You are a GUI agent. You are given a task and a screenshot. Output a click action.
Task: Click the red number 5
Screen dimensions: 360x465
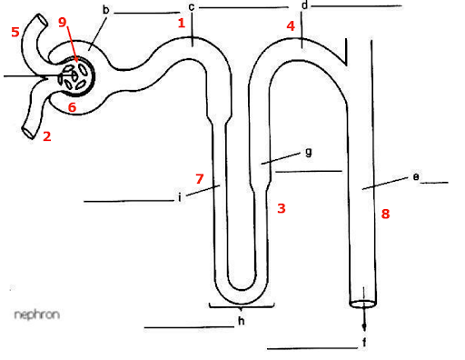click(15, 33)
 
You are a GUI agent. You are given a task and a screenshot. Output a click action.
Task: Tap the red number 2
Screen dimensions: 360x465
click(46, 138)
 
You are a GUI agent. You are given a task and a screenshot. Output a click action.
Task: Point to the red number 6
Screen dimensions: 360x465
click(72, 107)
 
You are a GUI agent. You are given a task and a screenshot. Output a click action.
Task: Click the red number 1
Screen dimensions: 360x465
click(183, 23)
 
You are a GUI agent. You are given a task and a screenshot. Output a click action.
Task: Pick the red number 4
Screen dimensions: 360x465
click(291, 26)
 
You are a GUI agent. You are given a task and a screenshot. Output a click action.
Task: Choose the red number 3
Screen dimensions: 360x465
click(282, 208)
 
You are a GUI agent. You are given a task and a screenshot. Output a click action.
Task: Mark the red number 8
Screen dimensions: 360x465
click(385, 214)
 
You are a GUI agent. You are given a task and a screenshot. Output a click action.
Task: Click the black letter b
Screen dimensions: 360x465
click(106, 10)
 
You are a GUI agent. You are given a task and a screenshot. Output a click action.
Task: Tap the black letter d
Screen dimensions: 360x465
click(303, 5)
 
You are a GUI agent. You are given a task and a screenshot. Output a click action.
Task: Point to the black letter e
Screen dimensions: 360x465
click(415, 177)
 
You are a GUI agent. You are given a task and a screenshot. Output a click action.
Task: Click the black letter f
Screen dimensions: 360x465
click(364, 342)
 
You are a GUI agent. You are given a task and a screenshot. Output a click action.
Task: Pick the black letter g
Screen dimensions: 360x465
click(309, 151)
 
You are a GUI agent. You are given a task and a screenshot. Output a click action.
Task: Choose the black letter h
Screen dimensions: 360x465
click(241, 321)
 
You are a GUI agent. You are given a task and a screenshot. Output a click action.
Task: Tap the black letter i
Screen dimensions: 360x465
click(181, 195)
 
